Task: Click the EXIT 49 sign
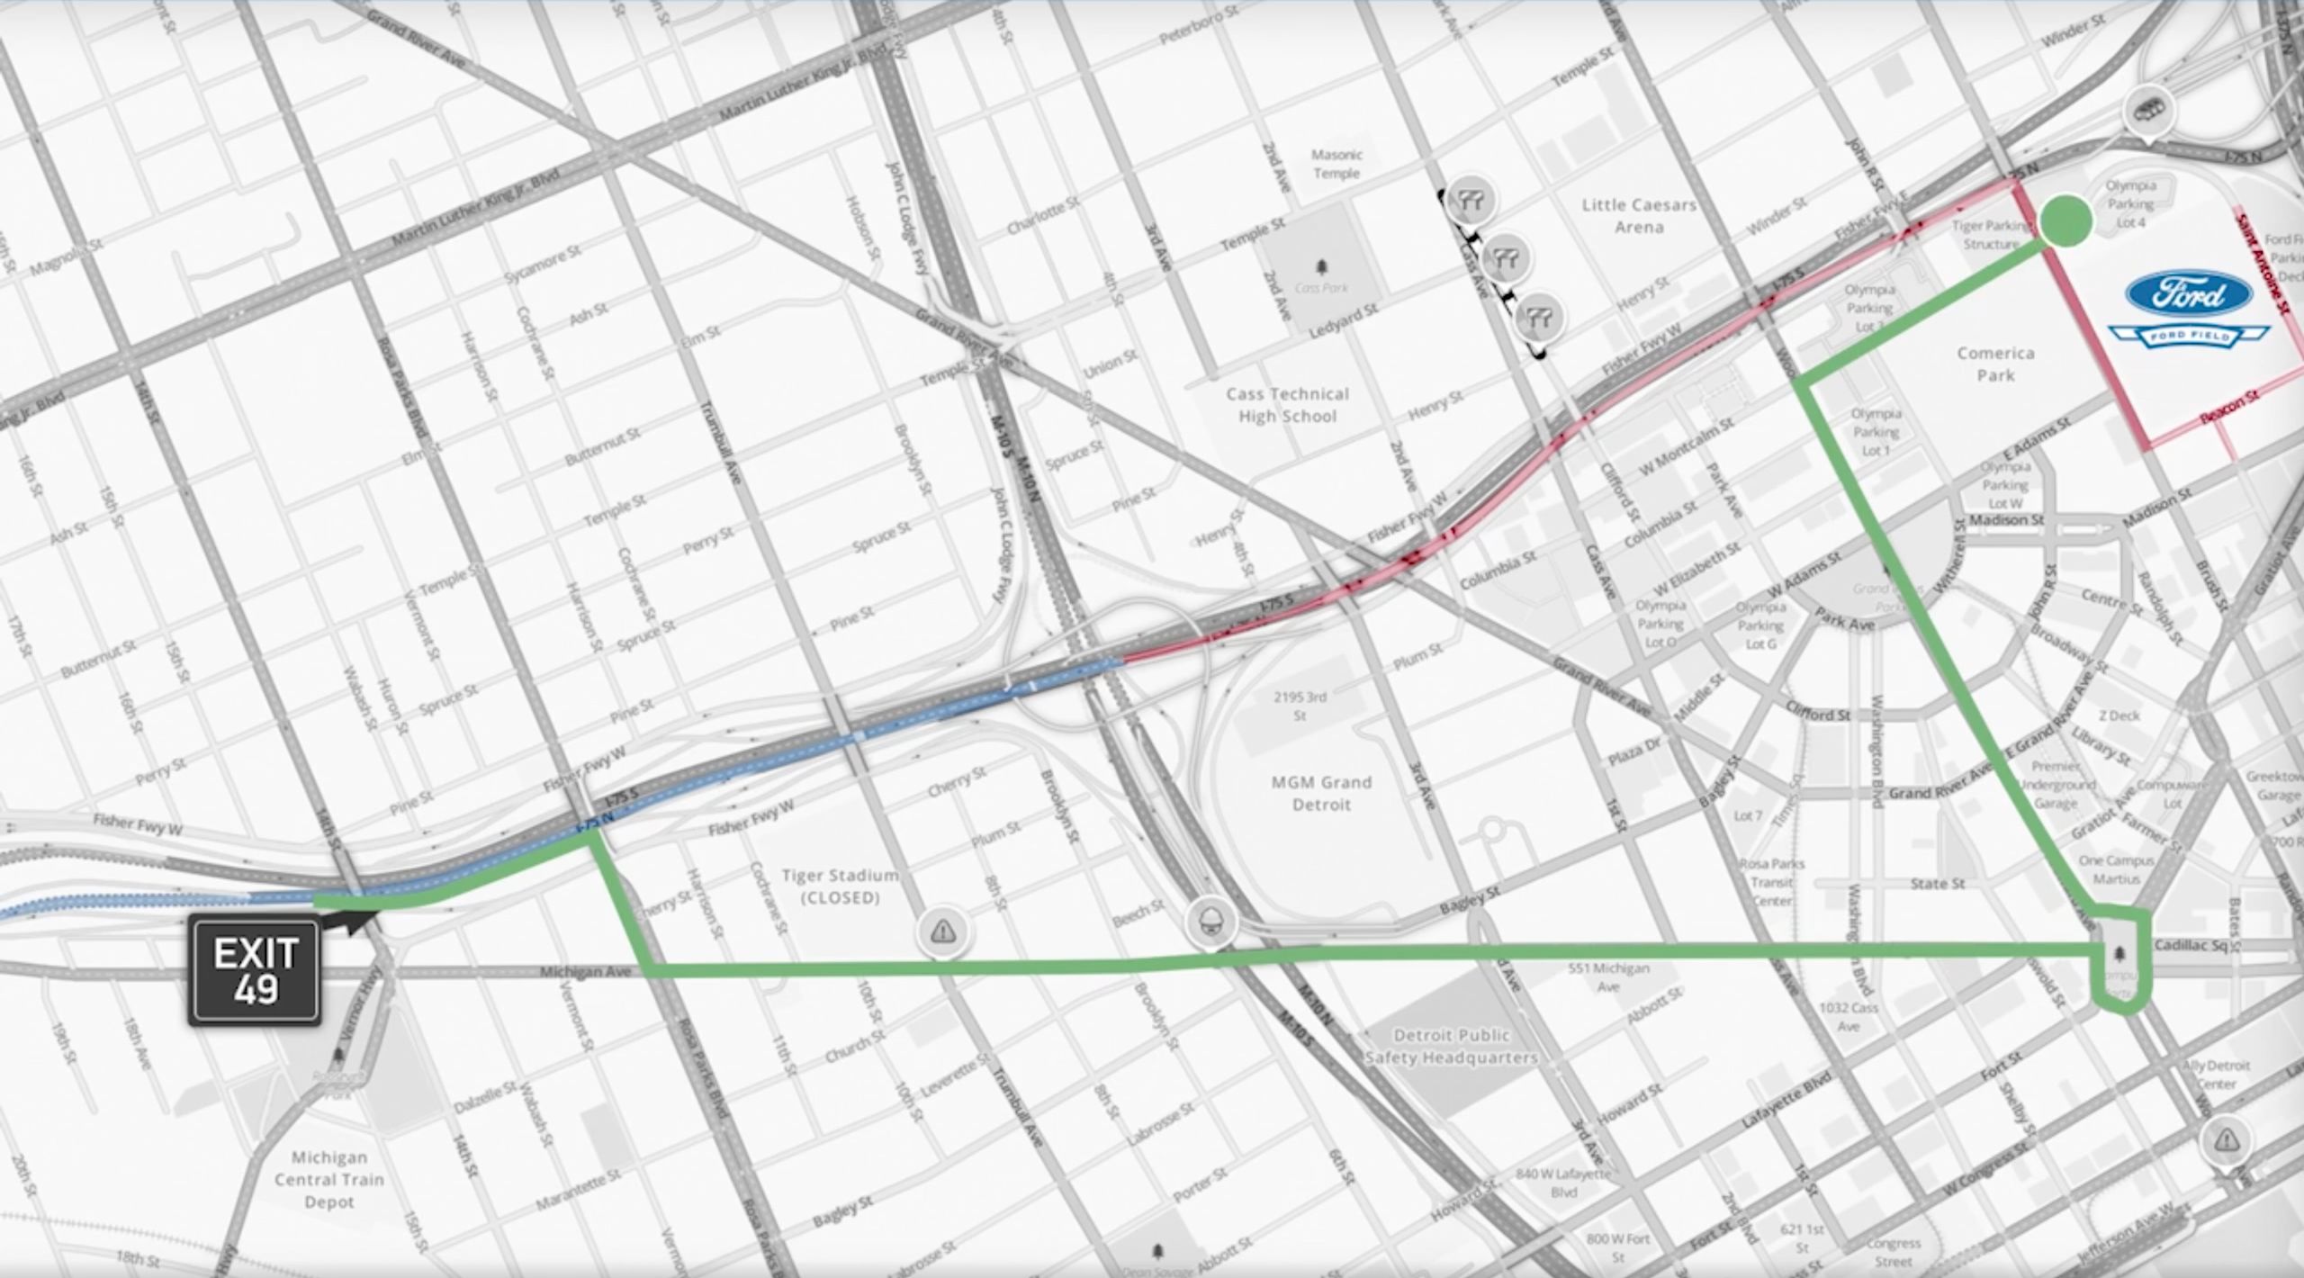(255, 970)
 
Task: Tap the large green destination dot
(2066, 221)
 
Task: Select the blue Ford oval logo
(2189, 294)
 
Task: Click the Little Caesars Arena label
(1639, 216)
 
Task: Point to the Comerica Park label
(1995, 364)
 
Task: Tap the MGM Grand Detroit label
(1321, 793)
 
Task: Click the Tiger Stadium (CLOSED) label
(840, 886)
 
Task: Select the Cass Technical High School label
(1287, 405)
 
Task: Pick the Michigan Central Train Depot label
(329, 1179)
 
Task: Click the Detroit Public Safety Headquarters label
(1451, 1046)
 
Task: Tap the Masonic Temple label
(1336, 164)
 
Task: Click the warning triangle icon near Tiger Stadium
(942, 931)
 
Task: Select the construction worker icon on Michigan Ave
(1210, 922)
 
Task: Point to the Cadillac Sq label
(2195, 945)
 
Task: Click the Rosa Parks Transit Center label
(1772, 882)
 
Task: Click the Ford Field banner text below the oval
(2189, 336)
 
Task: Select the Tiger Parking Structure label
(1991, 235)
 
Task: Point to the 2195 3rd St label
(1300, 706)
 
